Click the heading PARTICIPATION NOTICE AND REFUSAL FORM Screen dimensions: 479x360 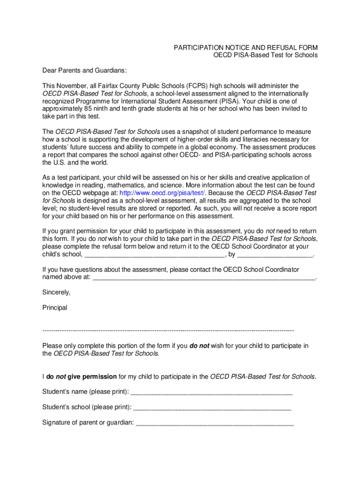[245, 48]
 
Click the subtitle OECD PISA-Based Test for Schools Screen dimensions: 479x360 [266, 55]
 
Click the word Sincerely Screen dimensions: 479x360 [56, 292]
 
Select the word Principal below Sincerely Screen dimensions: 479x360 [55, 308]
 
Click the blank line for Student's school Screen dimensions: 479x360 [212, 407]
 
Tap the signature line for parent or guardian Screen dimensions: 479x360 [215, 423]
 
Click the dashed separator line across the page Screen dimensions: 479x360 [168, 330]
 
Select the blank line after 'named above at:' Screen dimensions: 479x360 [204, 277]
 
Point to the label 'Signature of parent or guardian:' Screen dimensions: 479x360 [88, 423]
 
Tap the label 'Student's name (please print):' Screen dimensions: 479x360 [86, 392]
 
